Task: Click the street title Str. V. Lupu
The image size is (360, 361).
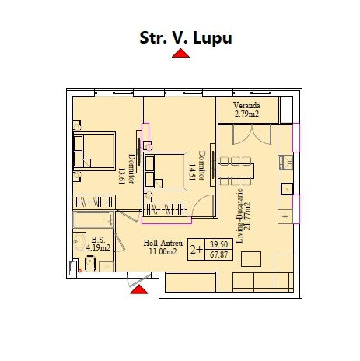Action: click(x=186, y=38)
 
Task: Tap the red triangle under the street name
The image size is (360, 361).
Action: click(x=180, y=53)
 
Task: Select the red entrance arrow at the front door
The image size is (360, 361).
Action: click(x=139, y=289)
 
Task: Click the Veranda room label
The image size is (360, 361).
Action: click(x=246, y=105)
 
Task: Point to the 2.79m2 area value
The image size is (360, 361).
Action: click(x=246, y=114)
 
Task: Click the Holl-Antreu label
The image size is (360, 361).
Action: click(x=163, y=243)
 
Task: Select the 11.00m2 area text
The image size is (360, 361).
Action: click(x=163, y=251)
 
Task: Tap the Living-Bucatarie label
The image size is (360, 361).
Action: click(x=240, y=216)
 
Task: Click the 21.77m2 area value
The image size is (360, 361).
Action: click(x=248, y=216)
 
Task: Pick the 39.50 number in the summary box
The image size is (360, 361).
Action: click(x=219, y=244)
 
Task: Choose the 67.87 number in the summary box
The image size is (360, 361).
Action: click(x=219, y=254)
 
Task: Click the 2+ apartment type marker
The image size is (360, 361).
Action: click(x=196, y=250)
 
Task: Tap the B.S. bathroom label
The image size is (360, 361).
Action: click(x=98, y=240)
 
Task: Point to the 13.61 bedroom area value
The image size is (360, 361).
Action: click(x=122, y=176)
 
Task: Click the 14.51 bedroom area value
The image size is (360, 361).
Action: click(x=192, y=172)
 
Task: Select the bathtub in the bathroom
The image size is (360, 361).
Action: click(x=93, y=219)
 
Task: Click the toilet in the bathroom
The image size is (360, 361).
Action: click(x=90, y=263)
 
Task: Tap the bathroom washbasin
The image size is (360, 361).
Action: click(x=79, y=241)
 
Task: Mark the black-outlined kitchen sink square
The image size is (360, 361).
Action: click(x=287, y=189)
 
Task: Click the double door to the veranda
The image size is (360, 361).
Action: click(x=252, y=135)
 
